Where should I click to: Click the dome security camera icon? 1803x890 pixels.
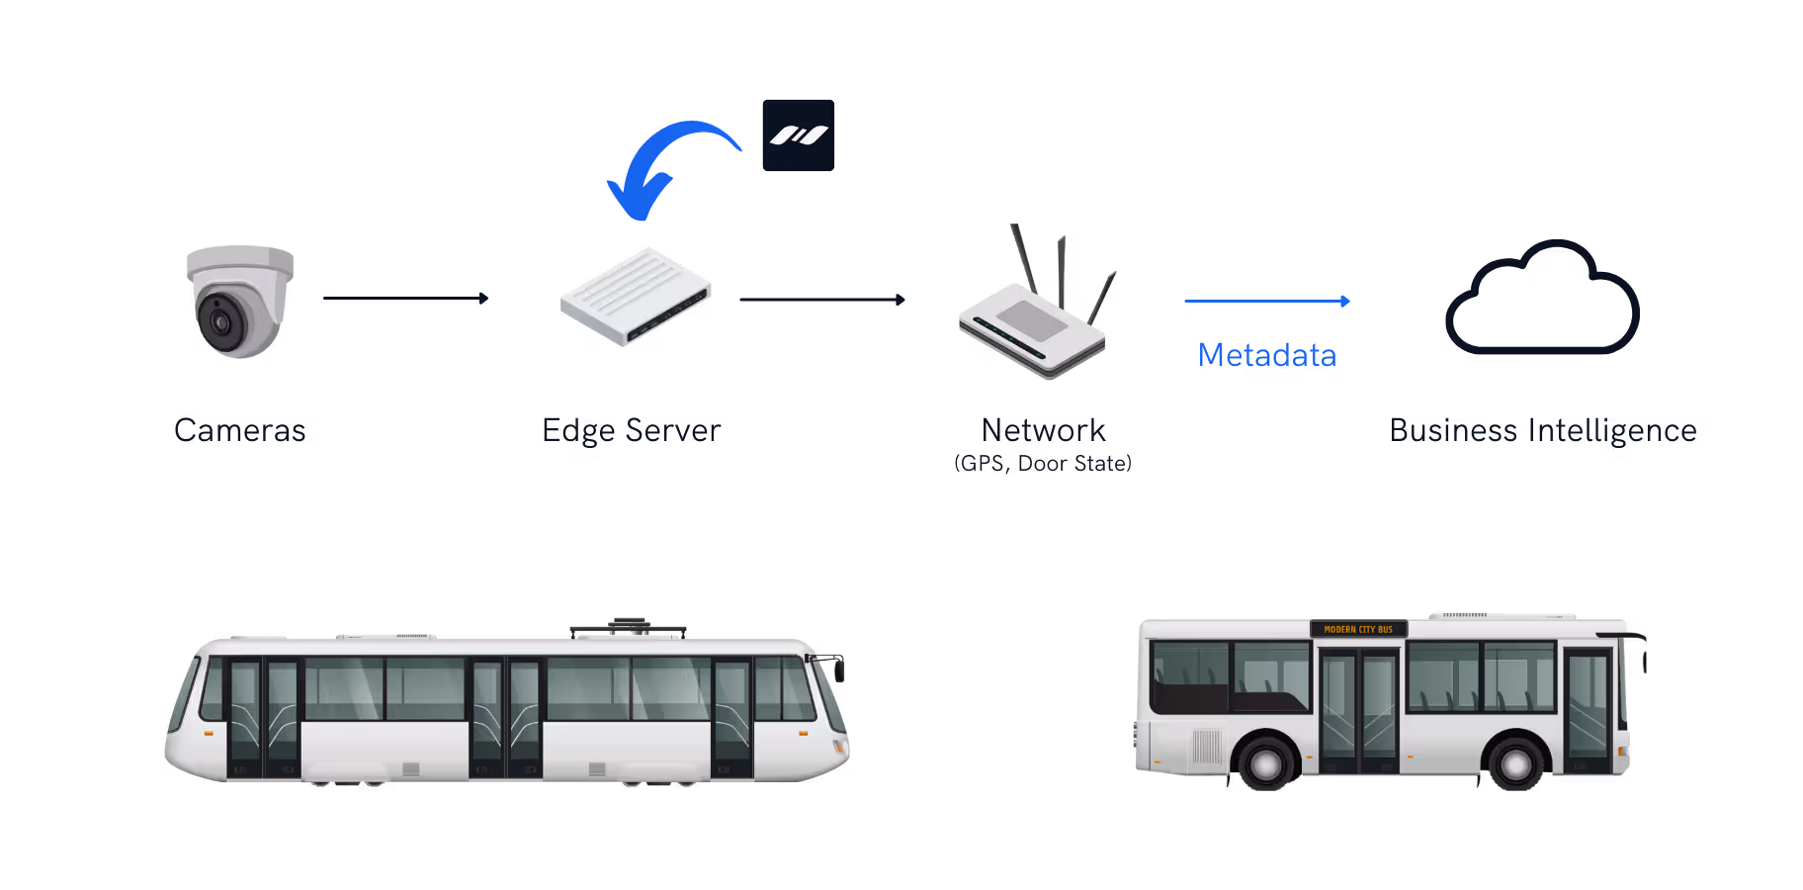240,302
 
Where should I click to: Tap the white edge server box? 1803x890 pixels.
636,297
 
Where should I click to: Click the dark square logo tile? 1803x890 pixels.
799,135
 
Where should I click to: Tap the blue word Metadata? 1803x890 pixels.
1266,355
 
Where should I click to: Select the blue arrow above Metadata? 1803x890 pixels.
1266,301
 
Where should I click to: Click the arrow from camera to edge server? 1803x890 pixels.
405,298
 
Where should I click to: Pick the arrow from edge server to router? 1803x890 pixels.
821,299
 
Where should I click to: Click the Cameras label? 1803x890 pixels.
240,430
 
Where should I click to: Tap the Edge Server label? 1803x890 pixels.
632,430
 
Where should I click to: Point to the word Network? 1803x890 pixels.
1043,430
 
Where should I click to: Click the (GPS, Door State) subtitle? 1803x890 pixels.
1043,463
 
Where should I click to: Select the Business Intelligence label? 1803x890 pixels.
1543,430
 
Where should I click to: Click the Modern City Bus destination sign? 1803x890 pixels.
1358,629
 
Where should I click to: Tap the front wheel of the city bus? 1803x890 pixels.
1516,763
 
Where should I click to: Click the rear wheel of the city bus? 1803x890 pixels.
1265,763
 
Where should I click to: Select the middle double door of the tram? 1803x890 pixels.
505,717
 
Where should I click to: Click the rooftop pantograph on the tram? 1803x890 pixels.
628,626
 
